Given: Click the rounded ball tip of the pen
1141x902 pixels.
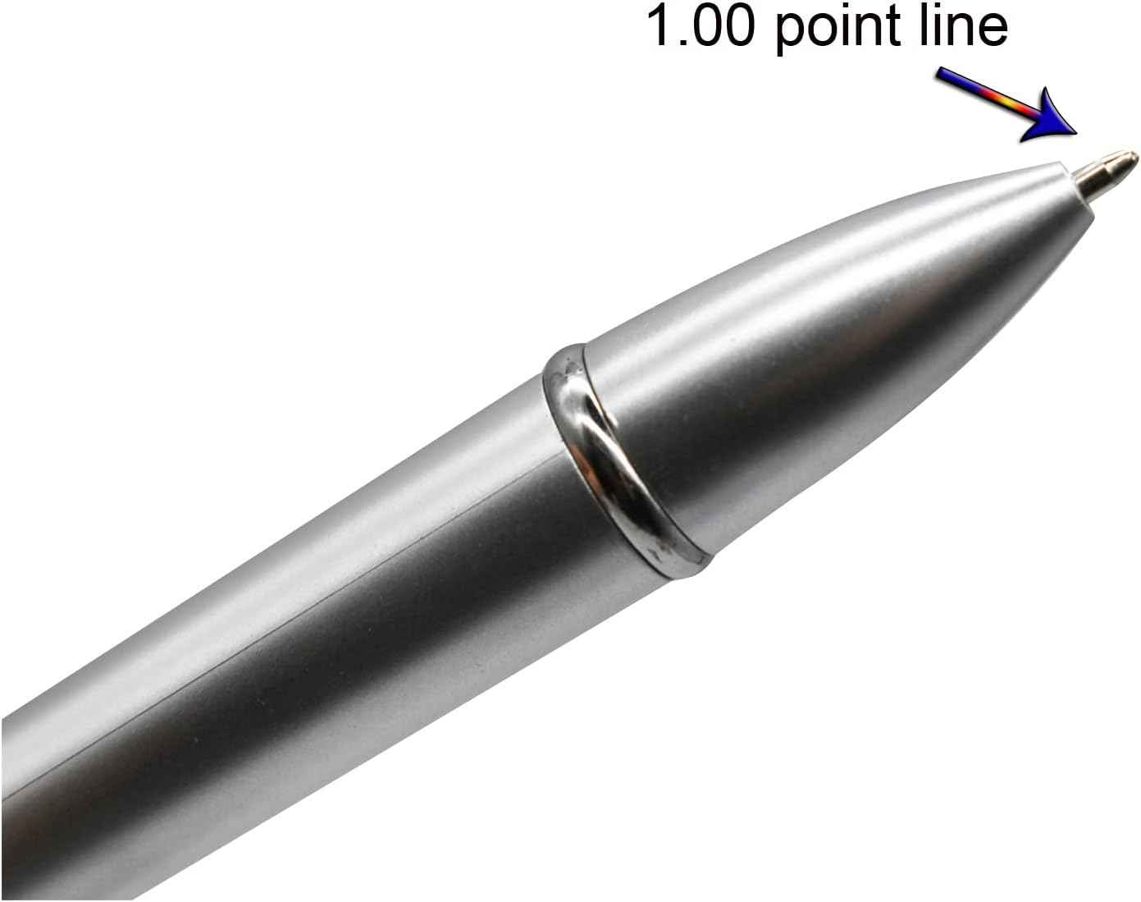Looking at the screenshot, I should point(1130,155).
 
